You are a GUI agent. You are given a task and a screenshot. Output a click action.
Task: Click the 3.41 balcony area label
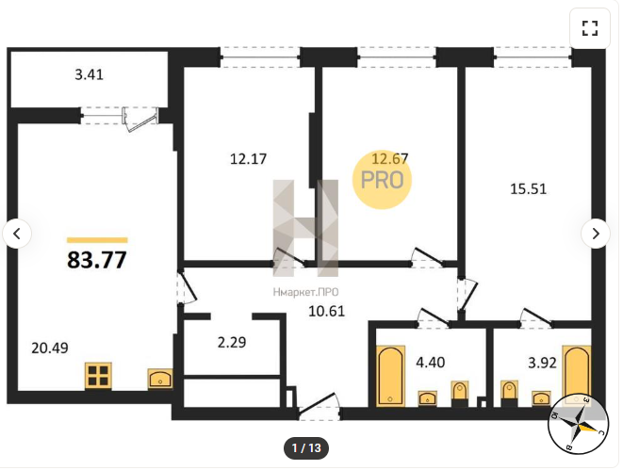89,74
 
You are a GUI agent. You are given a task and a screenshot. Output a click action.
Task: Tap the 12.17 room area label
248,159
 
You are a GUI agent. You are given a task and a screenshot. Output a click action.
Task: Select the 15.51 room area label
528,188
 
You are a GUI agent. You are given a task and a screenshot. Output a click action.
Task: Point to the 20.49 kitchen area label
50,348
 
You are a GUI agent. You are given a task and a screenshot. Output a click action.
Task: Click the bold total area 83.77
97,260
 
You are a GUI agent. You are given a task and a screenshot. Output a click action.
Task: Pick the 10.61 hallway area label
327,311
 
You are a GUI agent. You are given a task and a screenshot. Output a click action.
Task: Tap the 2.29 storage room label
232,342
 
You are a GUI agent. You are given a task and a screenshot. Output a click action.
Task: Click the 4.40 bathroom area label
431,363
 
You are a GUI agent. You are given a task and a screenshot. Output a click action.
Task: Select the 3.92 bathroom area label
542,363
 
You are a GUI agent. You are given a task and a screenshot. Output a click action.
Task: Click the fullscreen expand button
590,28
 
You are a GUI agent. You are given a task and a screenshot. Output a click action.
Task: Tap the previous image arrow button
17,234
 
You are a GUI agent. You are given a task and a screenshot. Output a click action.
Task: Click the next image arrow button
595,234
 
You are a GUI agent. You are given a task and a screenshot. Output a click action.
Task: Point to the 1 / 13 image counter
306,448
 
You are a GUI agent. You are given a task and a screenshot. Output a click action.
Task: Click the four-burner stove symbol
98,376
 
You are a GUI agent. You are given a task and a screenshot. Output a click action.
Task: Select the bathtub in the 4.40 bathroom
390,376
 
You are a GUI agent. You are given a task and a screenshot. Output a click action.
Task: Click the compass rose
578,425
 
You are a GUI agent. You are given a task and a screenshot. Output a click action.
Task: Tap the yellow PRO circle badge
382,180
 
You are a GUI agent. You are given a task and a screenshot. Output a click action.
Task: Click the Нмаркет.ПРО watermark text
305,293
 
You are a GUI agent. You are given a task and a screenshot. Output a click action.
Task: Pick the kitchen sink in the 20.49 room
160,379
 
